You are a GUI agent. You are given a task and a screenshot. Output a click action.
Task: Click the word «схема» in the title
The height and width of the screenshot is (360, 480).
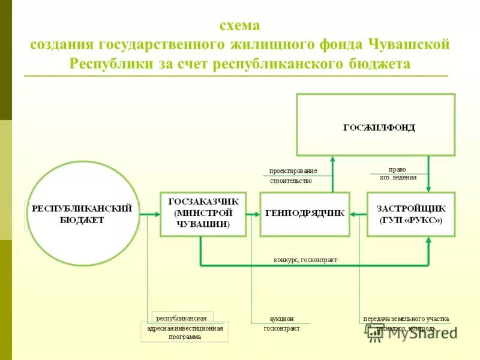tap(239, 26)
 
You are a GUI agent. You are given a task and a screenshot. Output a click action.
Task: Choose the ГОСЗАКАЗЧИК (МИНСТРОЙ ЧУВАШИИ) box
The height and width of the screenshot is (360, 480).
tap(203, 214)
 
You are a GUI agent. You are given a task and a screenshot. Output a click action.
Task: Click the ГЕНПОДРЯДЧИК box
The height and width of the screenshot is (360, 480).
tap(305, 214)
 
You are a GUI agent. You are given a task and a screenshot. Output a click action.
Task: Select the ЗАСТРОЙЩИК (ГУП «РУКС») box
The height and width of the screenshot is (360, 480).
tap(410, 214)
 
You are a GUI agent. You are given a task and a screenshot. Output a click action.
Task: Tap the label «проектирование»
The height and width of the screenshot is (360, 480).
tap(293, 171)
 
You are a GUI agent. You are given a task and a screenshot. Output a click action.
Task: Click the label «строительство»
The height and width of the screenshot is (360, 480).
tap(291, 180)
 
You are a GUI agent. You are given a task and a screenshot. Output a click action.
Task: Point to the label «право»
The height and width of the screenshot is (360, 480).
tap(397, 169)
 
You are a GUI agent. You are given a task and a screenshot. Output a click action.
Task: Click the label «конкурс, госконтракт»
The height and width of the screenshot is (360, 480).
tap(305, 260)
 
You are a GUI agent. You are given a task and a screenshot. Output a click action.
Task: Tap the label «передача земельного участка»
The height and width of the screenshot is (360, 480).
tap(406, 319)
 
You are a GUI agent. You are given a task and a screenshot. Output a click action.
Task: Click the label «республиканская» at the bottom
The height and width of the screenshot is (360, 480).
tap(182, 318)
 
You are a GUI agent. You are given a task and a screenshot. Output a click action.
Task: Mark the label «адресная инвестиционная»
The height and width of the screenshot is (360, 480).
tap(185, 328)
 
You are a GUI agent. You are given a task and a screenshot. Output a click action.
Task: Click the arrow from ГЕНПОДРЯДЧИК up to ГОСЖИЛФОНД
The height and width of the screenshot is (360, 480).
tap(332, 174)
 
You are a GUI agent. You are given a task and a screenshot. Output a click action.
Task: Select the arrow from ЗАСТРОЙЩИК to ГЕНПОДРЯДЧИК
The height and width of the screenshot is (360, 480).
tap(358, 214)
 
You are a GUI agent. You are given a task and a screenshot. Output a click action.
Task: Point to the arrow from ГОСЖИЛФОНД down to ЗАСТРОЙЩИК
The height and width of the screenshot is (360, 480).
tap(428, 174)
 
